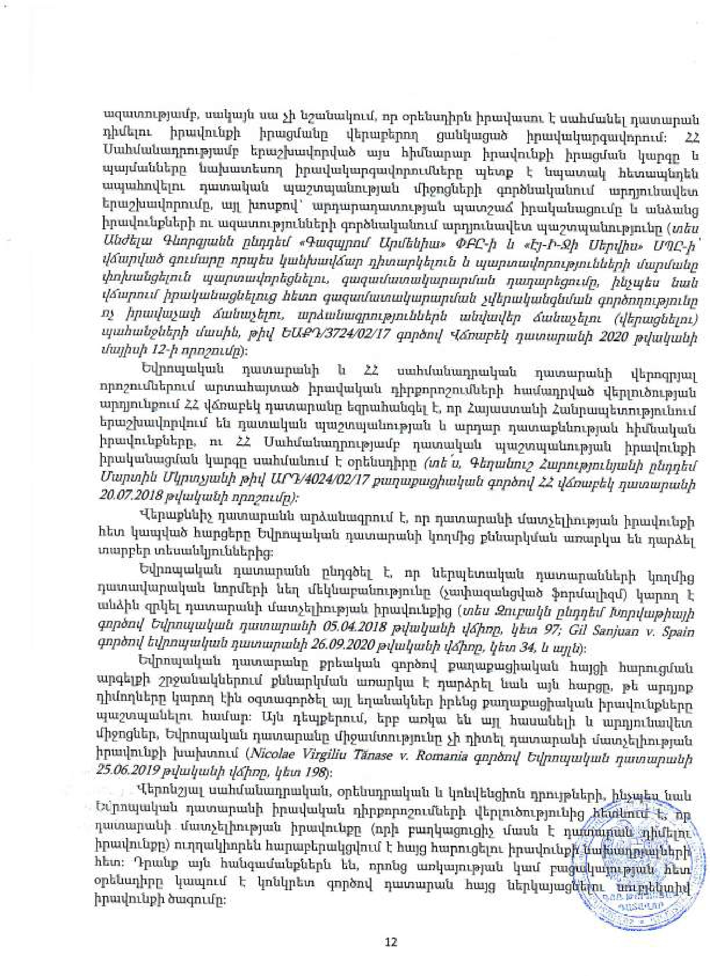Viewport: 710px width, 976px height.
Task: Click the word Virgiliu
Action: tap(322, 757)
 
